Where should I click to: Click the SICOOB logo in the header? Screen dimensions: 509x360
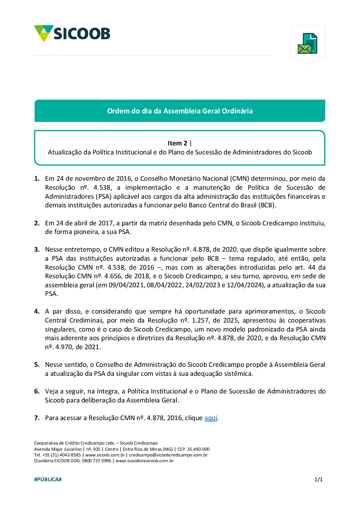point(72,33)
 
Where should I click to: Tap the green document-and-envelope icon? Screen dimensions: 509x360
point(307,44)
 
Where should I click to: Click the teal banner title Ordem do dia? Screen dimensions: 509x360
point(180,111)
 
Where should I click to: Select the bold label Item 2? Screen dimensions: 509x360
point(177,143)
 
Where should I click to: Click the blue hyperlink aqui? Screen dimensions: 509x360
point(211,418)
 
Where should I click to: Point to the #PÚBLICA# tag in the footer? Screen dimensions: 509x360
point(48,479)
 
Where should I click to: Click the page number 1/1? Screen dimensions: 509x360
point(318,479)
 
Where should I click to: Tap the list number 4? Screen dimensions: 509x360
point(37,311)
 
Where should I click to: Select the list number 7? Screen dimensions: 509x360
point(37,418)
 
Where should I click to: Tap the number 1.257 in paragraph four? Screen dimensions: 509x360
point(200,320)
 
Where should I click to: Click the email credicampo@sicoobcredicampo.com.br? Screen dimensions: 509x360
point(168,455)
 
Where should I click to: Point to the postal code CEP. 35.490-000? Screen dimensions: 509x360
point(193,449)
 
